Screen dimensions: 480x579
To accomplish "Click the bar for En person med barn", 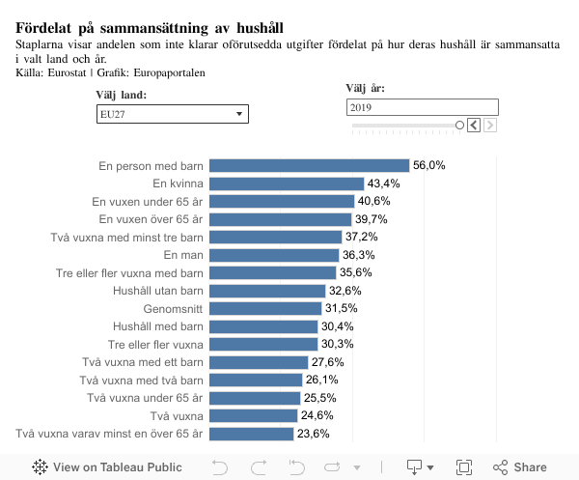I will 309,166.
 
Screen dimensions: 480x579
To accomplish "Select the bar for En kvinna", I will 286,184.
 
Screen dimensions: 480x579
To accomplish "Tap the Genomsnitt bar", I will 264,308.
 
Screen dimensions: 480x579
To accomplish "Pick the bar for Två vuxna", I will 253,415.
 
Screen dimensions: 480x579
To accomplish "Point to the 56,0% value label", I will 428,166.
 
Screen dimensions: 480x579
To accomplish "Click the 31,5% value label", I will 342,308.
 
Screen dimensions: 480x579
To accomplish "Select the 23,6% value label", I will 314,434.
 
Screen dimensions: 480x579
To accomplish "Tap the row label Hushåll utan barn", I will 157,291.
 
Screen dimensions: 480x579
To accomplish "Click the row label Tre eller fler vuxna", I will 155,344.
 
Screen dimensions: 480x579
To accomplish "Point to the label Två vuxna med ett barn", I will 142,362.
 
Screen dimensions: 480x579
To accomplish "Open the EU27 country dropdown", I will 174,114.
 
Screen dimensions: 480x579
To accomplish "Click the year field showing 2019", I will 422,107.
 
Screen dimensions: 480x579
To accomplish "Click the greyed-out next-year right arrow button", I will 490,126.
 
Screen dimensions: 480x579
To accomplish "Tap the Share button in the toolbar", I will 520,467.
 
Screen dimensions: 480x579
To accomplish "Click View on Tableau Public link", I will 107,467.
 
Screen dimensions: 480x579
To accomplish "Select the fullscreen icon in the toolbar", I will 463,467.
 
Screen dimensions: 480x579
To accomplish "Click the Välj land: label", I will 122,95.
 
